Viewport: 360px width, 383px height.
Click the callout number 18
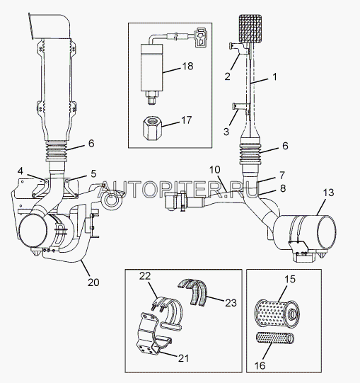(x=187, y=66)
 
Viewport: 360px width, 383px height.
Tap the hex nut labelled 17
(x=153, y=127)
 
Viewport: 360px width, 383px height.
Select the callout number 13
(x=328, y=193)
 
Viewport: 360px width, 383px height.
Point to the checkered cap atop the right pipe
(x=250, y=28)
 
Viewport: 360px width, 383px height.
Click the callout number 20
(x=93, y=282)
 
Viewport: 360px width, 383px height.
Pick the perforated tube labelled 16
(x=275, y=338)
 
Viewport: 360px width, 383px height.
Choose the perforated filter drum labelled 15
(x=277, y=313)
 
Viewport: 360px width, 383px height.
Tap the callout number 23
(x=231, y=303)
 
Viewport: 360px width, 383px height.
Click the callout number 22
(x=145, y=276)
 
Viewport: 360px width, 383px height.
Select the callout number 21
(x=184, y=358)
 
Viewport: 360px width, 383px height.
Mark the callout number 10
(x=215, y=170)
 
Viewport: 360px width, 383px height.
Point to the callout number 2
(x=227, y=76)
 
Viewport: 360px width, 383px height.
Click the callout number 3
(x=226, y=132)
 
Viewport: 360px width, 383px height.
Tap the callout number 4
(x=21, y=171)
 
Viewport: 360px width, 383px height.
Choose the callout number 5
(x=93, y=173)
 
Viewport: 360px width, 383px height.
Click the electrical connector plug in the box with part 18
(x=200, y=37)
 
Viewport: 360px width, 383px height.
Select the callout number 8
(x=283, y=188)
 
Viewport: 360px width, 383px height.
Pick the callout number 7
(x=282, y=175)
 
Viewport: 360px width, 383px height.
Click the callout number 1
(x=275, y=76)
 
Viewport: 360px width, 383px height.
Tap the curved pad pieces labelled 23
(x=193, y=292)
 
